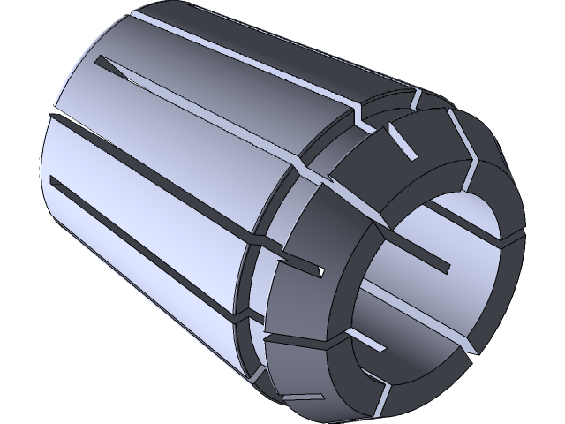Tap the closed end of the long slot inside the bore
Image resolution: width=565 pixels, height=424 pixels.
point(449,267)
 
